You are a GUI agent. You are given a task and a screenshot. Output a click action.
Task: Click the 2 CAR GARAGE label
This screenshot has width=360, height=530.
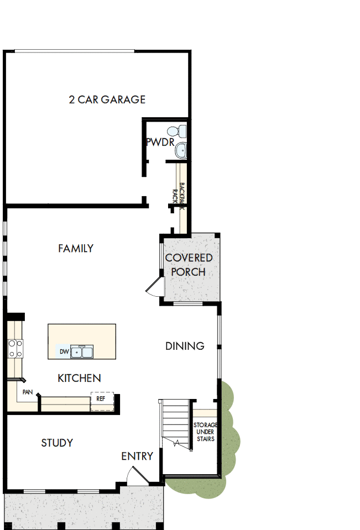tap(107, 99)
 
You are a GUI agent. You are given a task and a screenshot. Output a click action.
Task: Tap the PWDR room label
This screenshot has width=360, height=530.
tap(160, 143)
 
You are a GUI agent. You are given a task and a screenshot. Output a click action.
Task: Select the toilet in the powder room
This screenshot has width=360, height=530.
tap(177, 132)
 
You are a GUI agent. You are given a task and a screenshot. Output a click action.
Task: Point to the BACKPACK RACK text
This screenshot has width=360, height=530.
tap(178, 193)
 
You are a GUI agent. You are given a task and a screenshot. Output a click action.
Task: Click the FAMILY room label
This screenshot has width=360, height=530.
tap(76, 249)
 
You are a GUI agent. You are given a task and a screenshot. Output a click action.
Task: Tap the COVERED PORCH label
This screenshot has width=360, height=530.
tap(189, 265)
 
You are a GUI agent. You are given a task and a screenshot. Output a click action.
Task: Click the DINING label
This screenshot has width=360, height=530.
tap(185, 346)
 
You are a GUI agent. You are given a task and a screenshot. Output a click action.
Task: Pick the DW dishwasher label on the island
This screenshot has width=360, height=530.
tap(64, 351)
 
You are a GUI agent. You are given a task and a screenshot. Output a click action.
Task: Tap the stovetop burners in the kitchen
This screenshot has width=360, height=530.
tap(15, 348)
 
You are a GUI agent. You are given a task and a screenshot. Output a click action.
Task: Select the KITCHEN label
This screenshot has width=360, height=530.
tap(79, 378)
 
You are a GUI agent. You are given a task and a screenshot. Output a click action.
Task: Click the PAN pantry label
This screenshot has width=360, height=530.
tap(27, 392)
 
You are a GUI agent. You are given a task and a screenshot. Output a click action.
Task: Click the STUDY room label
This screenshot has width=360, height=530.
tap(57, 443)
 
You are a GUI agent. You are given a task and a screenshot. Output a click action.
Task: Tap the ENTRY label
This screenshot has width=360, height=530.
tap(137, 456)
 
